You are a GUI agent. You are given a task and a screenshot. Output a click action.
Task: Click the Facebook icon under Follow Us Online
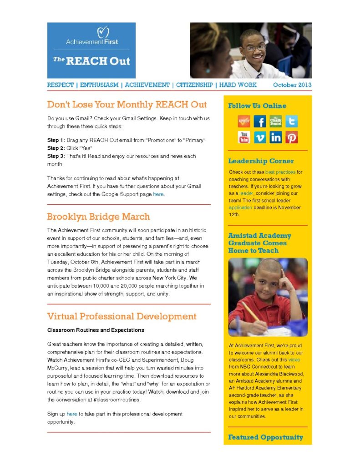pos(259,122)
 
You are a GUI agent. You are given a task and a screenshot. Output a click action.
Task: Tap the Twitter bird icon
pos(291,122)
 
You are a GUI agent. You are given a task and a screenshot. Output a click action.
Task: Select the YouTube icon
pos(244,137)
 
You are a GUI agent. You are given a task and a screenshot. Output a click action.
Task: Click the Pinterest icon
pos(291,137)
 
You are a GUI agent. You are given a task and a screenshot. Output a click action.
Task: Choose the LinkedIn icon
pos(275,137)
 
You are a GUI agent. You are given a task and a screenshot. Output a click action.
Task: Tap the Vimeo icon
pos(259,137)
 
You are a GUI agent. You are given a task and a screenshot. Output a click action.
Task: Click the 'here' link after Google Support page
pos(158,194)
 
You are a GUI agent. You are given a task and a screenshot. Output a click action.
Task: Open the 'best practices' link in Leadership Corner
pos(280,172)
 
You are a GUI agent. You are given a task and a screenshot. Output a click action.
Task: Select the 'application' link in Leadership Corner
pos(240,208)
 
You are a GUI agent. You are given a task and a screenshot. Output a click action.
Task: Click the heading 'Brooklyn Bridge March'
pos(98,217)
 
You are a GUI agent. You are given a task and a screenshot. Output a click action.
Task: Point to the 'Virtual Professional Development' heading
pos(122,316)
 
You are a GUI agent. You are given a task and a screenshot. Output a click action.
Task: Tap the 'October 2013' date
pos(292,85)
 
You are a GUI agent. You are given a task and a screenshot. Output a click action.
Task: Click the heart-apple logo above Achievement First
pos(104,32)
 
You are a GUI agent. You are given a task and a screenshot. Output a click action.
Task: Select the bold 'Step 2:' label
pos(56,148)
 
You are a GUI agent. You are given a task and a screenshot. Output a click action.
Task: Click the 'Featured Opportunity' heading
pos(265,437)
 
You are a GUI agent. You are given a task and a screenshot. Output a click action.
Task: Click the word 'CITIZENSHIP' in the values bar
pos(194,85)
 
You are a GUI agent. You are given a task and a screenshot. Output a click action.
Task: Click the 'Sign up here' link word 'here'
pos(72,414)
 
